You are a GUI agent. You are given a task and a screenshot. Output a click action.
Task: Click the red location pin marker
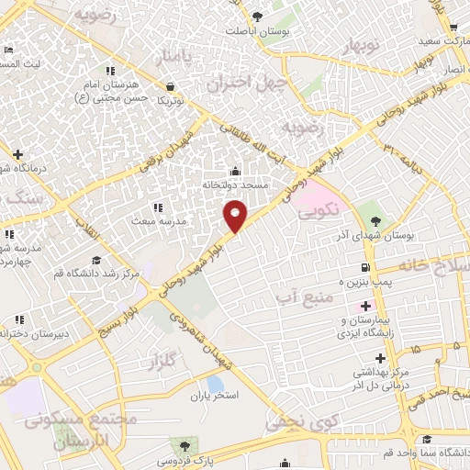pos(236,215)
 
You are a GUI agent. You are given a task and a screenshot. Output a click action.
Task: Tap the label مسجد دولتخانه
pos(236,185)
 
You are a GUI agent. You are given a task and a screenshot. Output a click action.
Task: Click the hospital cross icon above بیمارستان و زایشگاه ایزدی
pos(365,305)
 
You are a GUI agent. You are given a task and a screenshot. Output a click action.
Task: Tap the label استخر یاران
pos(214,396)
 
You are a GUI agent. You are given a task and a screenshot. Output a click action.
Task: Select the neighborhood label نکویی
pos(319,211)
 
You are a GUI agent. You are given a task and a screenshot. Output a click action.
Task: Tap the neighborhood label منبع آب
pos(300,297)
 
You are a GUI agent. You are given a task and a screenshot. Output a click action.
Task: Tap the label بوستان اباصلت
pos(258,30)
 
